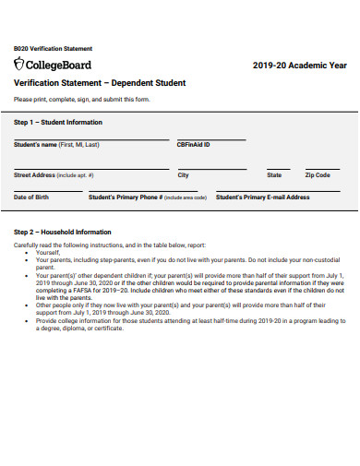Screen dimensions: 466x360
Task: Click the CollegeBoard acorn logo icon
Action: pyautogui.click(x=19, y=64)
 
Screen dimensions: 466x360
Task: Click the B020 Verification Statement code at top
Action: pyautogui.click(x=53, y=48)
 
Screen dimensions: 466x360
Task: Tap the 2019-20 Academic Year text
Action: pyautogui.click(x=299, y=66)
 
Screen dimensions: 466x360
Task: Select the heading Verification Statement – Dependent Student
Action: pyautogui.click(x=100, y=83)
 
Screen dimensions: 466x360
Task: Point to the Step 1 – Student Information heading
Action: pyautogui.click(x=58, y=122)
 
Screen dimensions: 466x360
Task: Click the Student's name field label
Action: pyautogui.click(x=56, y=145)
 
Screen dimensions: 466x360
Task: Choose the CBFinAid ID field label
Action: pyautogui.click(x=194, y=145)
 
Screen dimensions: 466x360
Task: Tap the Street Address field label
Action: pyautogui.click(x=54, y=174)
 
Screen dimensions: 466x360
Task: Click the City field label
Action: pyautogui.click(x=184, y=174)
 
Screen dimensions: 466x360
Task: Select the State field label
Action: pyautogui.click(x=274, y=174)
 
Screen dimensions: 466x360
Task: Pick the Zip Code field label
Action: pyautogui.click(x=317, y=174)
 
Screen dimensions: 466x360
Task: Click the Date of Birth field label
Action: pyautogui.click(x=32, y=197)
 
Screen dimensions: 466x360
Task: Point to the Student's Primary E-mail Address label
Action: pyautogui.click(x=262, y=197)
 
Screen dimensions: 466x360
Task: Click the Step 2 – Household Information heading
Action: pyautogui.click(x=62, y=232)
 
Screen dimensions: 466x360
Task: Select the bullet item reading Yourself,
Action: pyautogui.click(x=47, y=252)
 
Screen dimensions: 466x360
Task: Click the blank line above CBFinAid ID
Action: pyautogui.click(x=211, y=139)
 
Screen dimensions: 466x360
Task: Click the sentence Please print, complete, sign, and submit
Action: pyautogui.click(x=82, y=100)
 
